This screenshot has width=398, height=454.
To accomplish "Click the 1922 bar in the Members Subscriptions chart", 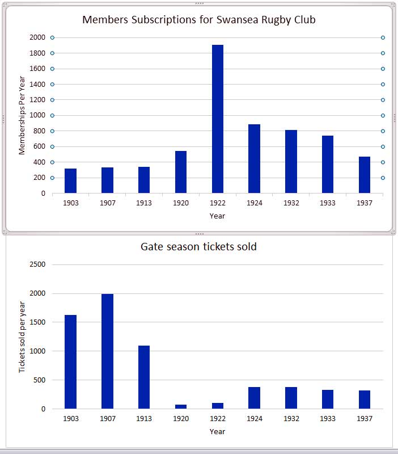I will (218, 119).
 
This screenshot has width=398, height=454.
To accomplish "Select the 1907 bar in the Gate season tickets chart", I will (108, 351).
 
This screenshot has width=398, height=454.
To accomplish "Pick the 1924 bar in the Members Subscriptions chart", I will (255, 159).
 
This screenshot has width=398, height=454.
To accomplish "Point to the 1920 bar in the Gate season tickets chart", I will (181, 406).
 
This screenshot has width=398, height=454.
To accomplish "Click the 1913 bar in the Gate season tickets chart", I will (144, 377).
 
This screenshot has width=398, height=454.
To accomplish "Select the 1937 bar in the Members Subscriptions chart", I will (365, 175).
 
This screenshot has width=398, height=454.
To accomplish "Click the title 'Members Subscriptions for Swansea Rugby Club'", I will (199, 19).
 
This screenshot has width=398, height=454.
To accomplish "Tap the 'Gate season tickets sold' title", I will (198, 247).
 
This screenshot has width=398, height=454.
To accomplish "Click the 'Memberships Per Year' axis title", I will (22, 115).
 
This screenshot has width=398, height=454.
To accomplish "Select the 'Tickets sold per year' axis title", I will (22, 337).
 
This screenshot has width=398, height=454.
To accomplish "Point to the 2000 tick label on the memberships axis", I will (37, 37).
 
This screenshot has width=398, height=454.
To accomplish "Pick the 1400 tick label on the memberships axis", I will (37, 84).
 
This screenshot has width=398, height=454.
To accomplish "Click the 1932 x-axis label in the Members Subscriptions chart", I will (291, 203).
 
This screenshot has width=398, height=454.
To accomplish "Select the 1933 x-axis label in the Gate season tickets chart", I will (328, 419).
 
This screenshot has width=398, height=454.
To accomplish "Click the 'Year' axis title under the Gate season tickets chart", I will (217, 431).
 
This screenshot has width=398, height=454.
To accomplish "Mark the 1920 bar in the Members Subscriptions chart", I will (181, 172).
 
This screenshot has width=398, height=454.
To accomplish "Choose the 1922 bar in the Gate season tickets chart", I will (218, 406).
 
